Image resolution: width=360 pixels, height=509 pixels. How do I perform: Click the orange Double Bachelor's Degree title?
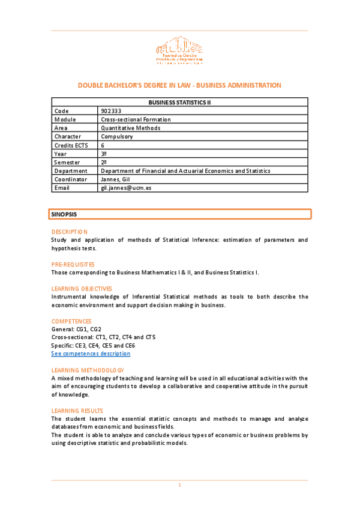click(179, 85)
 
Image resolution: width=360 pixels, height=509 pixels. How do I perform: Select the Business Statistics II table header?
click(179, 103)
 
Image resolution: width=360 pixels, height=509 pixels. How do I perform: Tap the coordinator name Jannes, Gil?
click(116, 179)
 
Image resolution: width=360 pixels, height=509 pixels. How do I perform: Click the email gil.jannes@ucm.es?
click(125, 188)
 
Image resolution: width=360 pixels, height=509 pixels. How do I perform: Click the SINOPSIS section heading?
click(64, 214)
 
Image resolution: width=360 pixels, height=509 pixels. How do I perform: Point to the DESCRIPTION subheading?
click(70, 232)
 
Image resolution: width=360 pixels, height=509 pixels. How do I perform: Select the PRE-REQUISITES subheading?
click(73, 264)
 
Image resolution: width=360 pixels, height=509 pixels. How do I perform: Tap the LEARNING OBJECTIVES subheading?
click(82, 289)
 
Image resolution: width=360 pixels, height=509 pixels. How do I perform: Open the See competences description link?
click(91, 354)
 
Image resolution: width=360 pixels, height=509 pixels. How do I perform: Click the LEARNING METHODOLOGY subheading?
click(88, 370)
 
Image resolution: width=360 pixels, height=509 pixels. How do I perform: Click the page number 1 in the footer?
click(179, 485)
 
